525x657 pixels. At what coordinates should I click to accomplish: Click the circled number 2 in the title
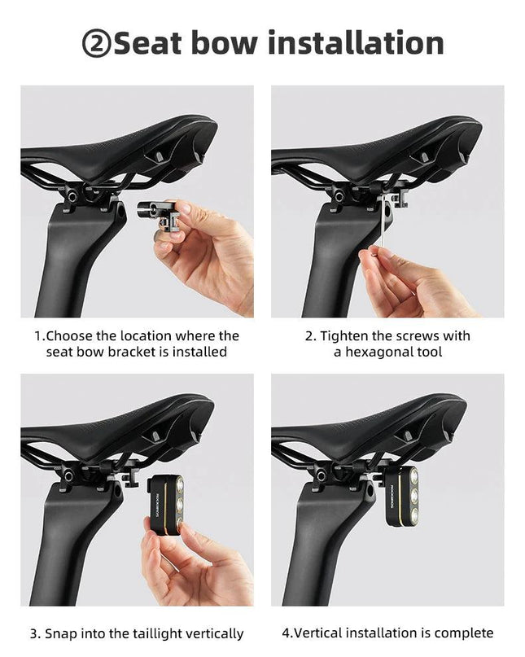click(x=96, y=44)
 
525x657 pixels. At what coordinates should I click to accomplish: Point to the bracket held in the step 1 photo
click(x=160, y=215)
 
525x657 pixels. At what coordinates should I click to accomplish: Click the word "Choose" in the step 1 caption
click(x=69, y=336)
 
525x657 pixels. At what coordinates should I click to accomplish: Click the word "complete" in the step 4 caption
click(x=463, y=633)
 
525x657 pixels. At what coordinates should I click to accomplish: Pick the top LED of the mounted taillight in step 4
click(x=413, y=476)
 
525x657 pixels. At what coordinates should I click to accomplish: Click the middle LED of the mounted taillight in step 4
click(x=413, y=496)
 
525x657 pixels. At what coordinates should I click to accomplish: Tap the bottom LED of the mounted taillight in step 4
click(x=413, y=515)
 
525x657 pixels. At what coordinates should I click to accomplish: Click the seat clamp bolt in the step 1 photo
click(x=72, y=195)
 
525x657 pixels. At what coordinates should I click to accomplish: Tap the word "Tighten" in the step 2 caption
click(x=343, y=336)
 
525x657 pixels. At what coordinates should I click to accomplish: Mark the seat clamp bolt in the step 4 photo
click(x=322, y=475)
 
